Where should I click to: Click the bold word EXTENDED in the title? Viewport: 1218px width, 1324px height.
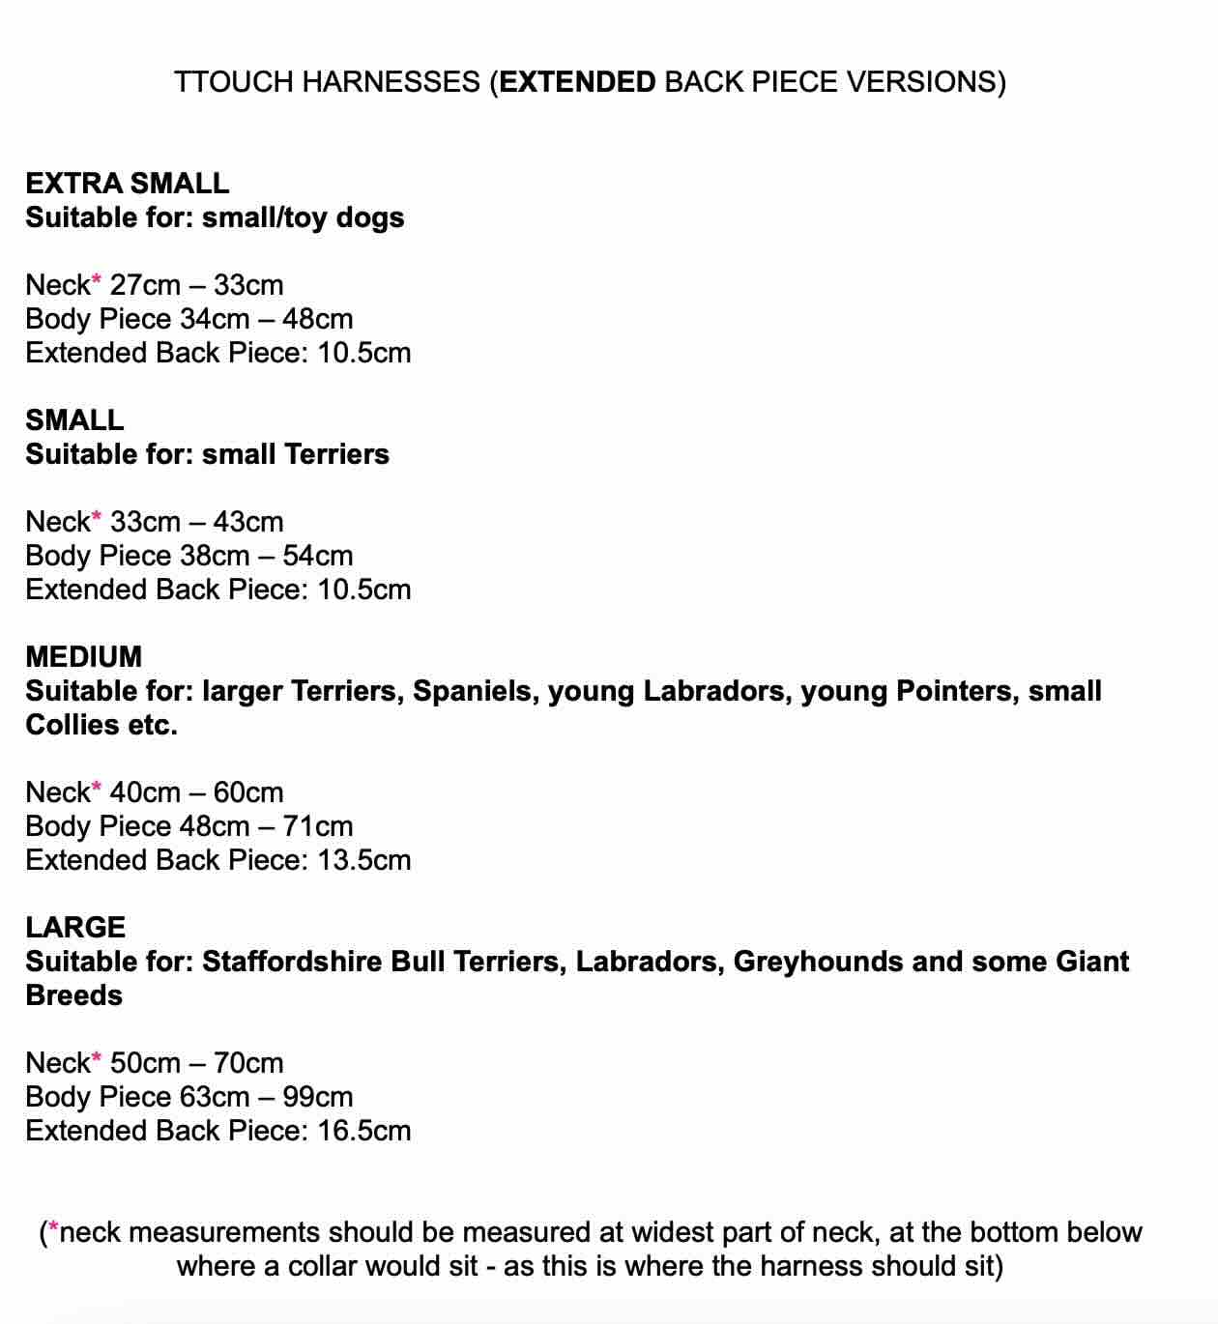click(x=578, y=82)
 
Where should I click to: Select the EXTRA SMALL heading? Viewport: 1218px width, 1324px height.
click(x=128, y=184)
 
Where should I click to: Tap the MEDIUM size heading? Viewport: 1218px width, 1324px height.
click(x=84, y=657)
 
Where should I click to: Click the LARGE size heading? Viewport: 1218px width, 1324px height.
click(x=75, y=928)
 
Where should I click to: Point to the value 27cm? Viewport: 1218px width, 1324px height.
click(x=145, y=285)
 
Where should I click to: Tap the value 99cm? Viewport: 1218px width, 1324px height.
click(x=318, y=1097)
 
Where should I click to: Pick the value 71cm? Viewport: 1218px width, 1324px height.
click(x=318, y=826)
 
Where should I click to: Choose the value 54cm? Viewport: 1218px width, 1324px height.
click(x=318, y=556)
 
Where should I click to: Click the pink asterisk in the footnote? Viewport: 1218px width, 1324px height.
click(x=53, y=1230)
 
